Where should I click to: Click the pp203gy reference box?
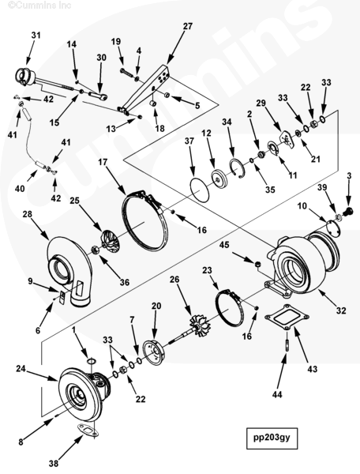272,438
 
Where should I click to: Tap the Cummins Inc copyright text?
39,5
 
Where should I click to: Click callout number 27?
188,26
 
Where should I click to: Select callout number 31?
36,36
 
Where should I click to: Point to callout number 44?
277,394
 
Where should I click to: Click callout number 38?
54,463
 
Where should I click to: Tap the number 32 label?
341,310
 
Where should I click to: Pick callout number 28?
27,214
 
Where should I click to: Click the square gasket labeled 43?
287,318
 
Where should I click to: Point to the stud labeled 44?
287,345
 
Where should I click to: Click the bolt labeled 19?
127,72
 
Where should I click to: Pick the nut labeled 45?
257,265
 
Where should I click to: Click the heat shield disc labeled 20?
154,353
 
